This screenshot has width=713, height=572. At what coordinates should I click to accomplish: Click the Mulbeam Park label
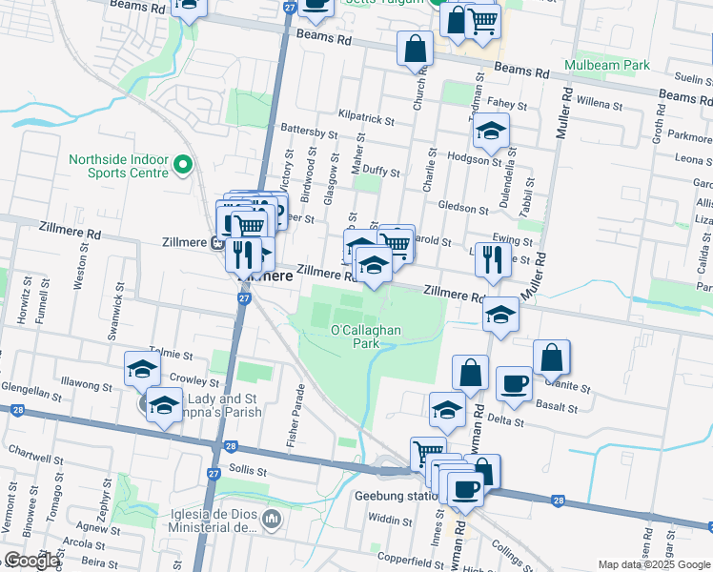606,65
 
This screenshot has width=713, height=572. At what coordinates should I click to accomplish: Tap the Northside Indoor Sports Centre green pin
185,166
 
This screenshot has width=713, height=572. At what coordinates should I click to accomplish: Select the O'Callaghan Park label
366,337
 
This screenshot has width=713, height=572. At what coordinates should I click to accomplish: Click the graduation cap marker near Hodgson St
492,130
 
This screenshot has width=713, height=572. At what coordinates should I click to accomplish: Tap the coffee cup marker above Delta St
514,383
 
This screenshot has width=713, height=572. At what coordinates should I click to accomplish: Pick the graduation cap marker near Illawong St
142,368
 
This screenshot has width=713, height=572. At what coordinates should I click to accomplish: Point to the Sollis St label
247,470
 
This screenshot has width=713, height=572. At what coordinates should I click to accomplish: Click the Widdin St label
390,520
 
